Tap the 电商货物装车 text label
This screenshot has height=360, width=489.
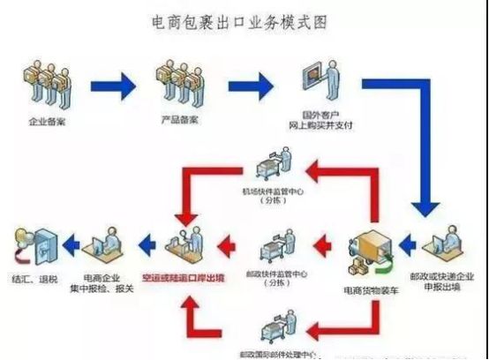[372, 277]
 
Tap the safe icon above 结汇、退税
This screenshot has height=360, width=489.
[32, 244]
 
